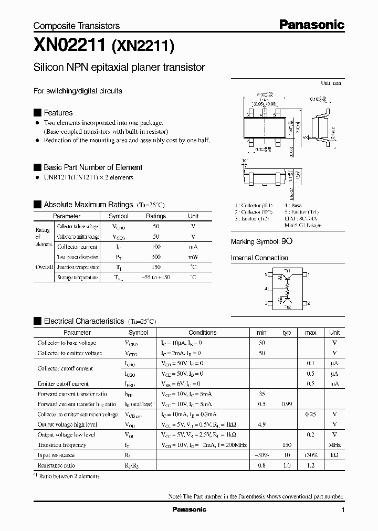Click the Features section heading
click(x=58, y=113)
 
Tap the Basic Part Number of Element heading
click(x=92, y=167)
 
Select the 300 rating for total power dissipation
click(x=156, y=257)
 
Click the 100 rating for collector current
click(x=156, y=247)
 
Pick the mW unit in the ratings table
click(x=193, y=257)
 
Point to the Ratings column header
click(x=156, y=216)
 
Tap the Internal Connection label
click(x=259, y=258)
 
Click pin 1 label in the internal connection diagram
click(x=309, y=274)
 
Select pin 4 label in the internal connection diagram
click(x=266, y=289)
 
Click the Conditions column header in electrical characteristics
click(x=202, y=333)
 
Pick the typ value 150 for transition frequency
click(x=287, y=445)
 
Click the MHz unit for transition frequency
click(x=334, y=445)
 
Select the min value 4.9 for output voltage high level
click(x=261, y=424)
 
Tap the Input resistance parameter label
click(x=56, y=455)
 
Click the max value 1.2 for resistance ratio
click(x=310, y=465)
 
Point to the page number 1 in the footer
click(x=343, y=510)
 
